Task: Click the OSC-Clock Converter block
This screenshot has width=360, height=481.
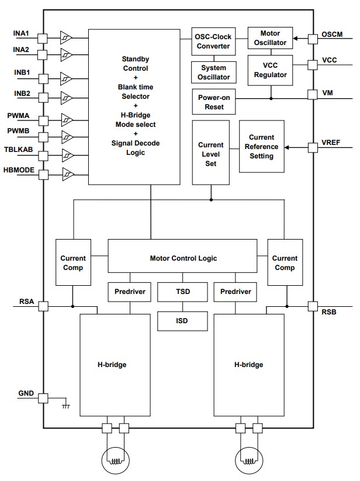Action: point(213,41)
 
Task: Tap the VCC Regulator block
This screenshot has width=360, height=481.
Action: point(270,70)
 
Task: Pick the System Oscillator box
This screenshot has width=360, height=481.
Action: point(213,72)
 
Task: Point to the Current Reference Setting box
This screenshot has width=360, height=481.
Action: point(261,147)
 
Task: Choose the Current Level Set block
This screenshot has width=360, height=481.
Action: point(211,154)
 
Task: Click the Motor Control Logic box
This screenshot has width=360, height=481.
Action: point(182,258)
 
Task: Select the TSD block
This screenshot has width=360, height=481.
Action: point(182,291)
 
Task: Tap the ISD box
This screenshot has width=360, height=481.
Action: point(182,320)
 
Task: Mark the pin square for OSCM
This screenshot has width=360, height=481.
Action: point(313,39)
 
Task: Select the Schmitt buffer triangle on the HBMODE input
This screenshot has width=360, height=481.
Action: point(67,174)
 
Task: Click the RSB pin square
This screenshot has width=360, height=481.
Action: point(313,306)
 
